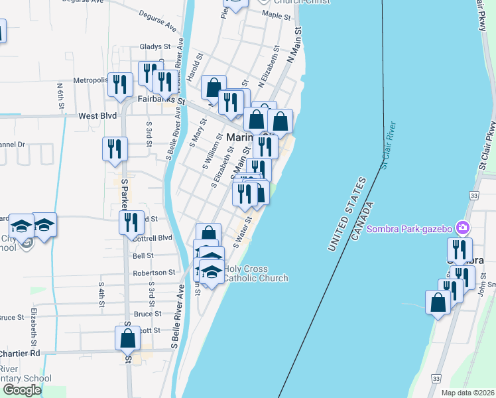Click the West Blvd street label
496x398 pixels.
click(x=97, y=115)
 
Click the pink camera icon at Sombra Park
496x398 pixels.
click(x=462, y=228)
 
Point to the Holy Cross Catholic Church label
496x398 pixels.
click(x=255, y=273)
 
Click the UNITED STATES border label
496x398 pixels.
click(x=347, y=214)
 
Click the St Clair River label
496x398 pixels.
click(x=389, y=145)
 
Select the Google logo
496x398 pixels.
click(x=22, y=390)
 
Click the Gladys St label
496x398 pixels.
click(x=155, y=48)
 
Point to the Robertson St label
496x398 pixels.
click(x=153, y=272)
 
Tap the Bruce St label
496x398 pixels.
click(x=147, y=314)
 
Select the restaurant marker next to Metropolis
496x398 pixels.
click(x=120, y=84)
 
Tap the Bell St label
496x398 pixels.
click(x=143, y=255)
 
